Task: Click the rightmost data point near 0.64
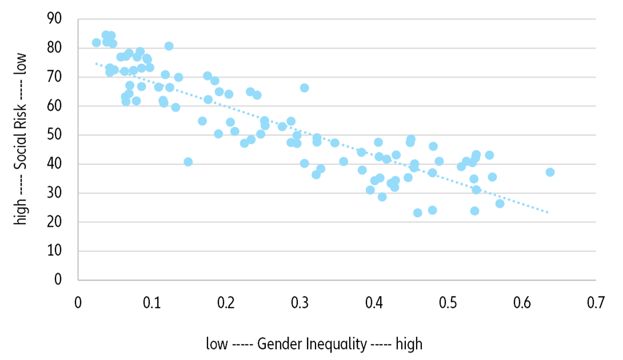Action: pos(550,172)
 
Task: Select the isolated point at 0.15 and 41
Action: pos(188,162)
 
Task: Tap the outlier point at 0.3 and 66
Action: pos(304,87)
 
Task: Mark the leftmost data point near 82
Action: pos(96,42)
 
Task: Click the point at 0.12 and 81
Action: pos(169,46)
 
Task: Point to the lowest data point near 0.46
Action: pos(417,213)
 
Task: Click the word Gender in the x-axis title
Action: pos(278,344)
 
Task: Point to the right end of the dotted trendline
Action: pos(548,213)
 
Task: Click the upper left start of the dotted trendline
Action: pos(95,63)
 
